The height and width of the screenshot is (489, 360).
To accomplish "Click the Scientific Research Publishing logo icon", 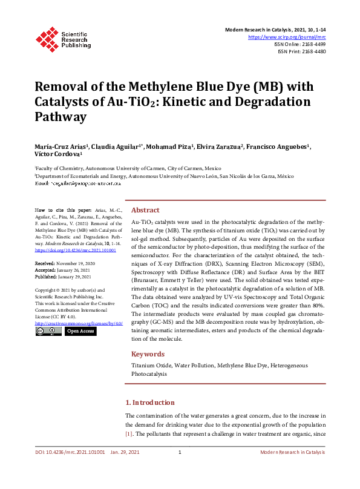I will [46, 38].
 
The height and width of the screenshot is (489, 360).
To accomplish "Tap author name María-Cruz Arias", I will [58, 147].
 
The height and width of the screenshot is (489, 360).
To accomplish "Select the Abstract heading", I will [145, 210].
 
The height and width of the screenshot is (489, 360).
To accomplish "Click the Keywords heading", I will [148, 354].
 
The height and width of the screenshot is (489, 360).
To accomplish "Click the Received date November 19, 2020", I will [79, 264].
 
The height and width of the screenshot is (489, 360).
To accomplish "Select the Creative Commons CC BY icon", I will [48, 331].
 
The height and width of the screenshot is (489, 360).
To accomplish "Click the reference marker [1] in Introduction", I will [128, 434].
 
